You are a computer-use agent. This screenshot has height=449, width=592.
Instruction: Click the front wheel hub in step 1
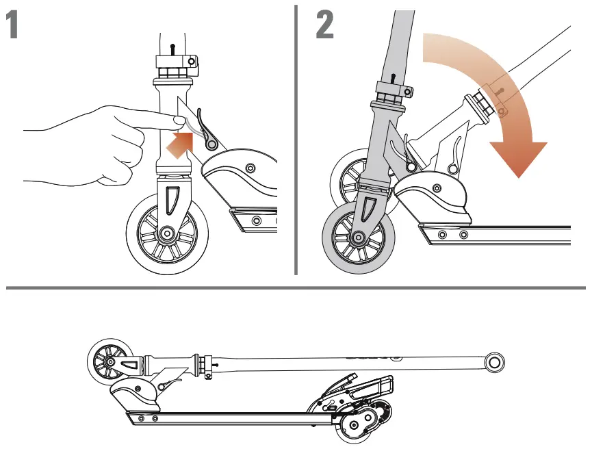[x=165, y=233]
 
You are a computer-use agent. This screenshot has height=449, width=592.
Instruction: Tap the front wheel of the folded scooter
[x=107, y=360]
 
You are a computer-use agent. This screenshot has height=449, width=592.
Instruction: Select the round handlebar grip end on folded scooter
[x=496, y=361]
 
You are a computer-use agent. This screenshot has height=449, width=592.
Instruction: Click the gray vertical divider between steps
[x=296, y=137]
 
